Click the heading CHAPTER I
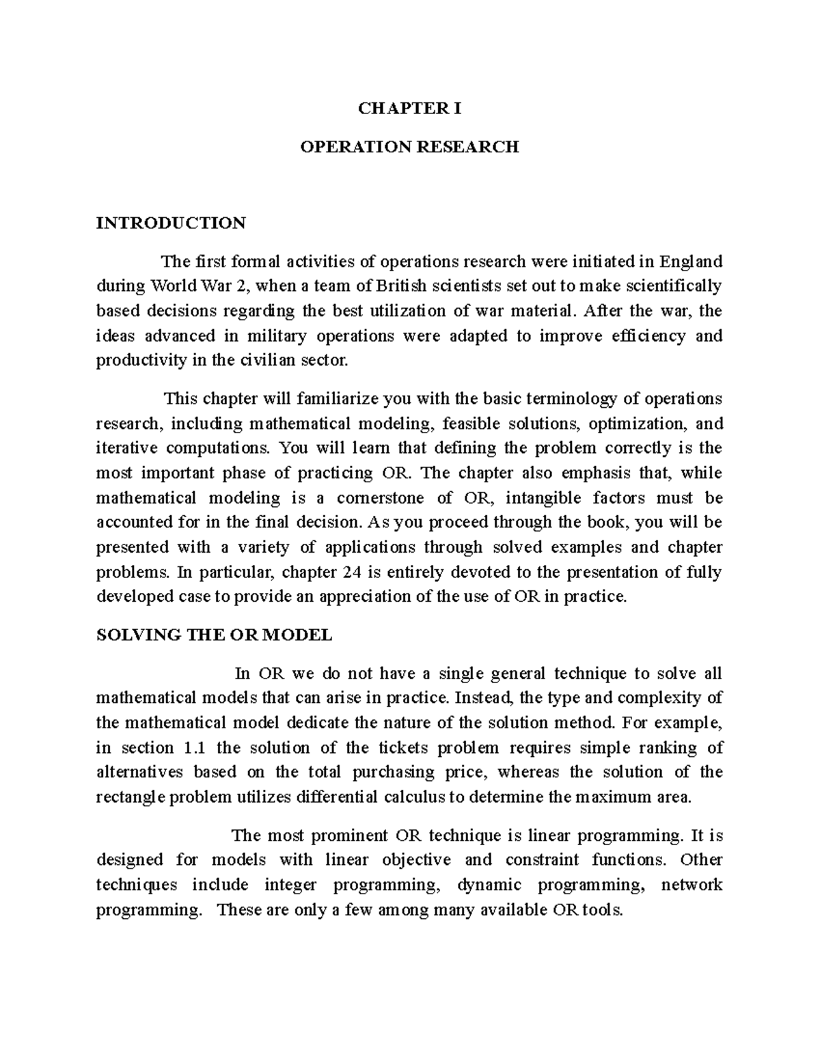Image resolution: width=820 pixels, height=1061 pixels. (x=410, y=109)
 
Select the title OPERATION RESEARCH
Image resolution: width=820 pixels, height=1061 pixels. (x=410, y=147)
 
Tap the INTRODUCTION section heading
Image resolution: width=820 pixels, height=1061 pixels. (x=171, y=223)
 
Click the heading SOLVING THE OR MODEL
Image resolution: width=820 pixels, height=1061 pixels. (x=214, y=635)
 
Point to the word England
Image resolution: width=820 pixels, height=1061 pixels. (x=694, y=262)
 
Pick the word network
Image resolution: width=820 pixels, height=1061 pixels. (x=692, y=885)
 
